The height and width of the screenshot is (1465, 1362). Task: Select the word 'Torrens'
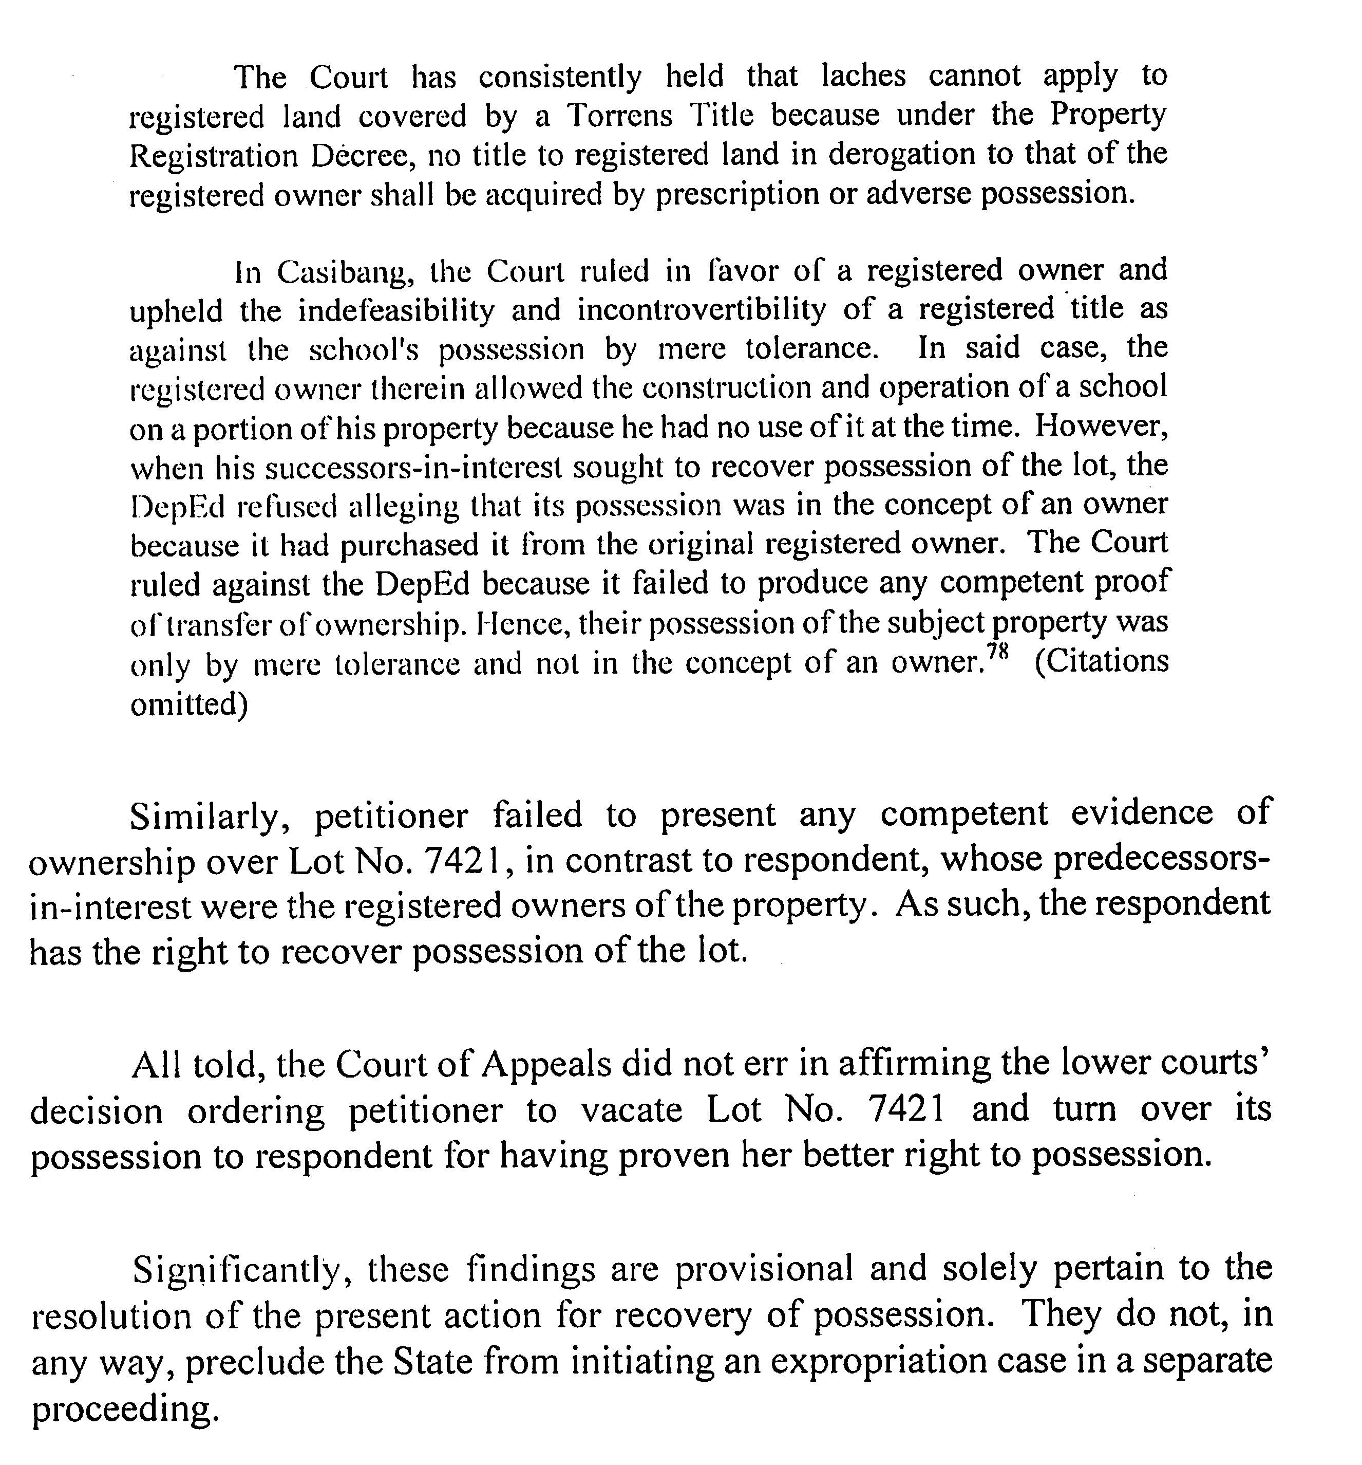619,116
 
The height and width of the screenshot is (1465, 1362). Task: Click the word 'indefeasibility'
395,311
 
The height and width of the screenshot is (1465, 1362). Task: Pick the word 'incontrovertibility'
701,311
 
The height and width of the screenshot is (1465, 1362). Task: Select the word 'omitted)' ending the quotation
188,705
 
